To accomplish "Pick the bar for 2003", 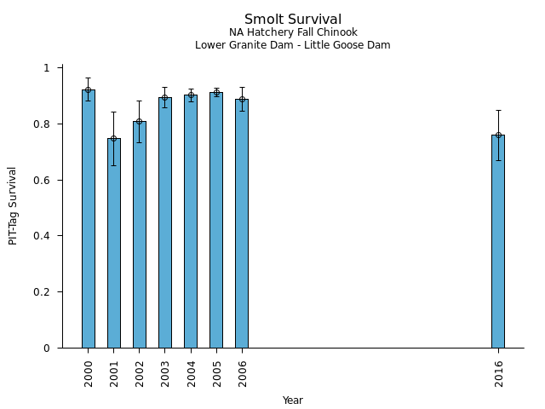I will pos(165,222).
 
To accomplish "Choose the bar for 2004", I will pos(191,221).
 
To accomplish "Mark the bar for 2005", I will pos(216,220).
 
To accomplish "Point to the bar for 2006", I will pos(242,223).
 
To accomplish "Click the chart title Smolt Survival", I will pos(293,20).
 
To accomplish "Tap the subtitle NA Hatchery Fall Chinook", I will pos(293,32).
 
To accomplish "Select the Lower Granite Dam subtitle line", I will pos(293,45).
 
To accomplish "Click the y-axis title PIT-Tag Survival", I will pos(13,205).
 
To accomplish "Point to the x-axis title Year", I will pos(293,400).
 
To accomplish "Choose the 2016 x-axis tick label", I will pos(498,373).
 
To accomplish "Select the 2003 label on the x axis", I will pos(165,373).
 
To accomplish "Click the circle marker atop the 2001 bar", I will pos(114,138).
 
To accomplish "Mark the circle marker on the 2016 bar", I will pos(498,135).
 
